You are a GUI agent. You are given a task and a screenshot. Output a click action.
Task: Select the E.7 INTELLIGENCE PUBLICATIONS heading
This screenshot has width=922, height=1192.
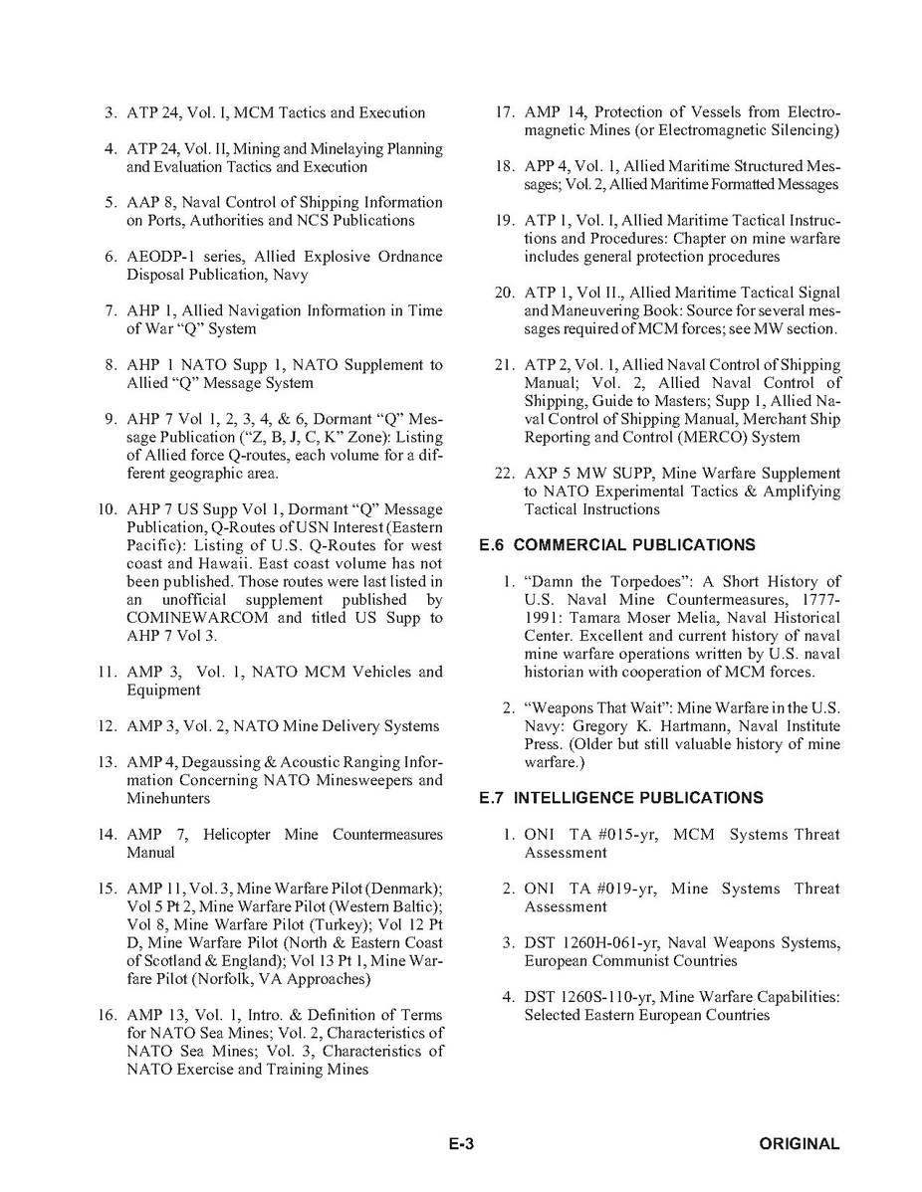pyautogui.click(x=620, y=798)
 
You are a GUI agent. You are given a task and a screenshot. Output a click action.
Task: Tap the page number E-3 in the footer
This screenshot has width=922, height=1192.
pyautogui.click(x=460, y=1144)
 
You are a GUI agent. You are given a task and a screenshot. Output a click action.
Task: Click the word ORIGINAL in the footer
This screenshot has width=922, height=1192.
pyautogui.click(x=800, y=1144)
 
